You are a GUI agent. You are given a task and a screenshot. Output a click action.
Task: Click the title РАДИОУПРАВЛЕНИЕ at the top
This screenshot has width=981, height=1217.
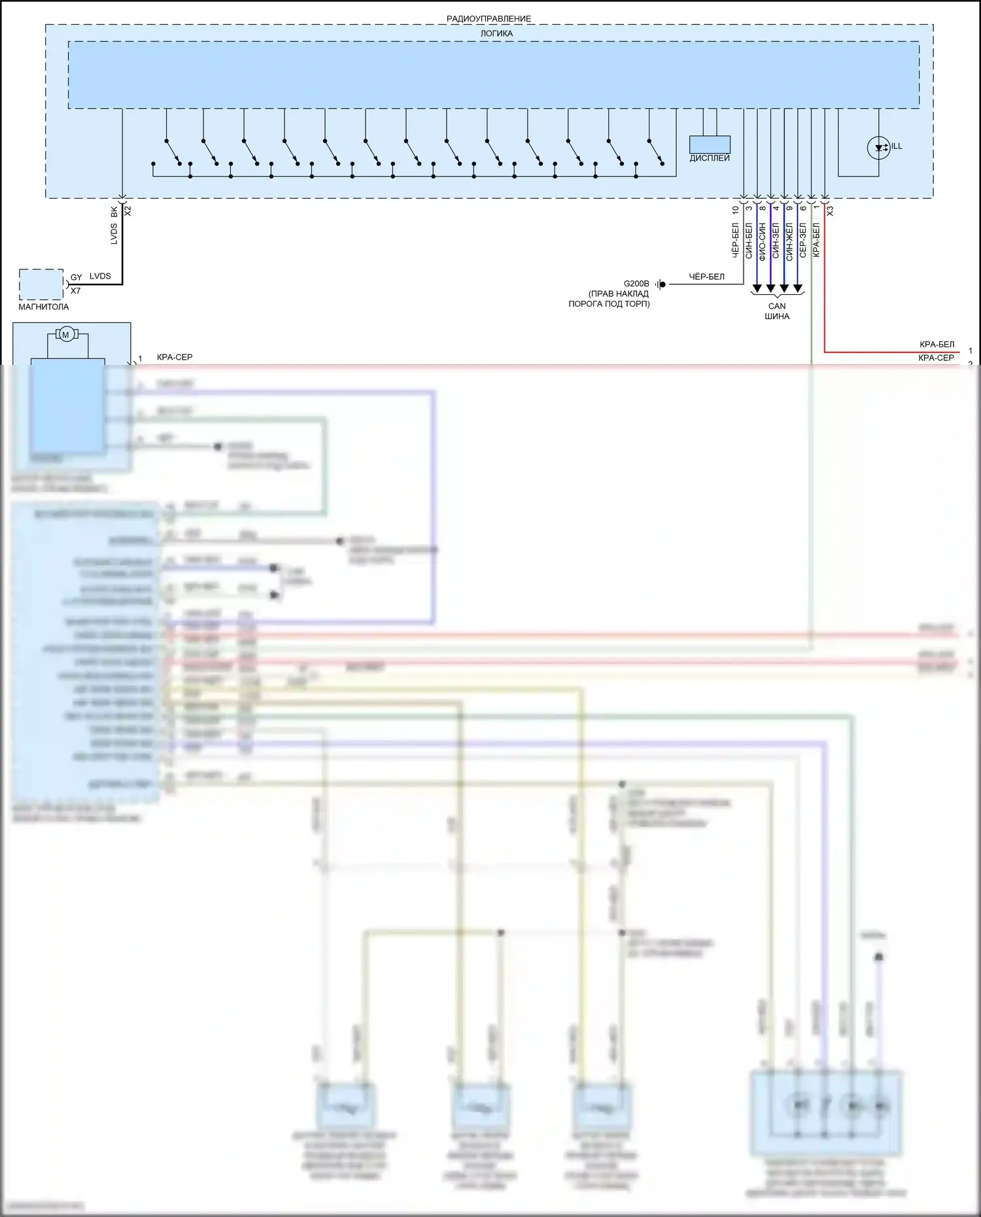coord(489,19)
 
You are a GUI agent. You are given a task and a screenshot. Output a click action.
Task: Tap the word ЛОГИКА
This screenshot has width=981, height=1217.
coord(496,33)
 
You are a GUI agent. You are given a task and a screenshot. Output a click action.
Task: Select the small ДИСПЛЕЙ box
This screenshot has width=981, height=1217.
coord(710,145)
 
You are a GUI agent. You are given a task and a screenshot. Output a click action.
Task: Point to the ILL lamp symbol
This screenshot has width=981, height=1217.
coord(878,148)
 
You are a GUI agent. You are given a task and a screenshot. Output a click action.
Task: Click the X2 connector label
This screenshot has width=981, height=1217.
coord(128,211)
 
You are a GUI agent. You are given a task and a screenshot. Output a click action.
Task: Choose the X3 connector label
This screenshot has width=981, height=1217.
coord(830,211)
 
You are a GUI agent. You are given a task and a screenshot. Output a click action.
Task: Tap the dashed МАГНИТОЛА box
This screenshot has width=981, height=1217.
coord(41,284)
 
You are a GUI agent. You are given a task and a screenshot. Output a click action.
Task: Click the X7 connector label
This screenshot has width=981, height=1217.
coord(76,291)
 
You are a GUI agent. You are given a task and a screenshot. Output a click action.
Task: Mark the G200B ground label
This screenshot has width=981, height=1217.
coord(636,284)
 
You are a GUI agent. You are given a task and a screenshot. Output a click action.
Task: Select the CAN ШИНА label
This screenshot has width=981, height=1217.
coord(777,311)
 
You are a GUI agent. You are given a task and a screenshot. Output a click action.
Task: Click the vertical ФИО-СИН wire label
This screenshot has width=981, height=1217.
coord(762,241)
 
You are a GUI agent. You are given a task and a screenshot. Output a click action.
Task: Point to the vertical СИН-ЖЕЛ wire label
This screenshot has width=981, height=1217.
coord(789,241)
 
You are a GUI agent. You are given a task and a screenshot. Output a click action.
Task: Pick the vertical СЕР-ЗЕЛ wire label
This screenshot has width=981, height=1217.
coord(803,240)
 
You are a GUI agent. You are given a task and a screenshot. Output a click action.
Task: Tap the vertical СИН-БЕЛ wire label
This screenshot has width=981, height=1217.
coord(749,241)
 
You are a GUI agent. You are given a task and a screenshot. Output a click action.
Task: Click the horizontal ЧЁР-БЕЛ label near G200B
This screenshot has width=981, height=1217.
coord(706,277)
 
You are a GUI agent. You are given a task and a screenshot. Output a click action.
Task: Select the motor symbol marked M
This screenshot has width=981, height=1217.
coord(65,335)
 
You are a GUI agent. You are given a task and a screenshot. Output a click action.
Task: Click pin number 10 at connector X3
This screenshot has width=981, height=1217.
coord(736,210)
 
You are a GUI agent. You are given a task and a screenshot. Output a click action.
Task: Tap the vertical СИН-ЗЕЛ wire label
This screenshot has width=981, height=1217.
coord(776,241)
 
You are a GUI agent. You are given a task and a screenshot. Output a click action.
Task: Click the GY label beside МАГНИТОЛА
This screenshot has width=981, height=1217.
coord(77,277)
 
